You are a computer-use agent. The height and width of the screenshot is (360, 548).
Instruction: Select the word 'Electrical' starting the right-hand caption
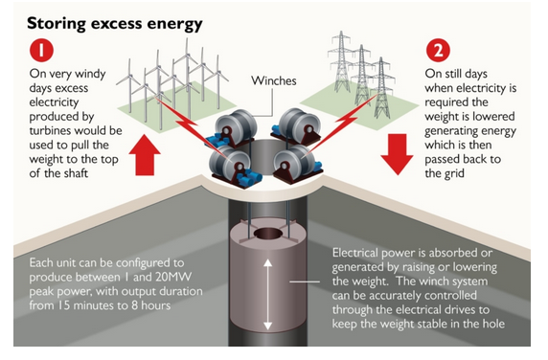359,252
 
